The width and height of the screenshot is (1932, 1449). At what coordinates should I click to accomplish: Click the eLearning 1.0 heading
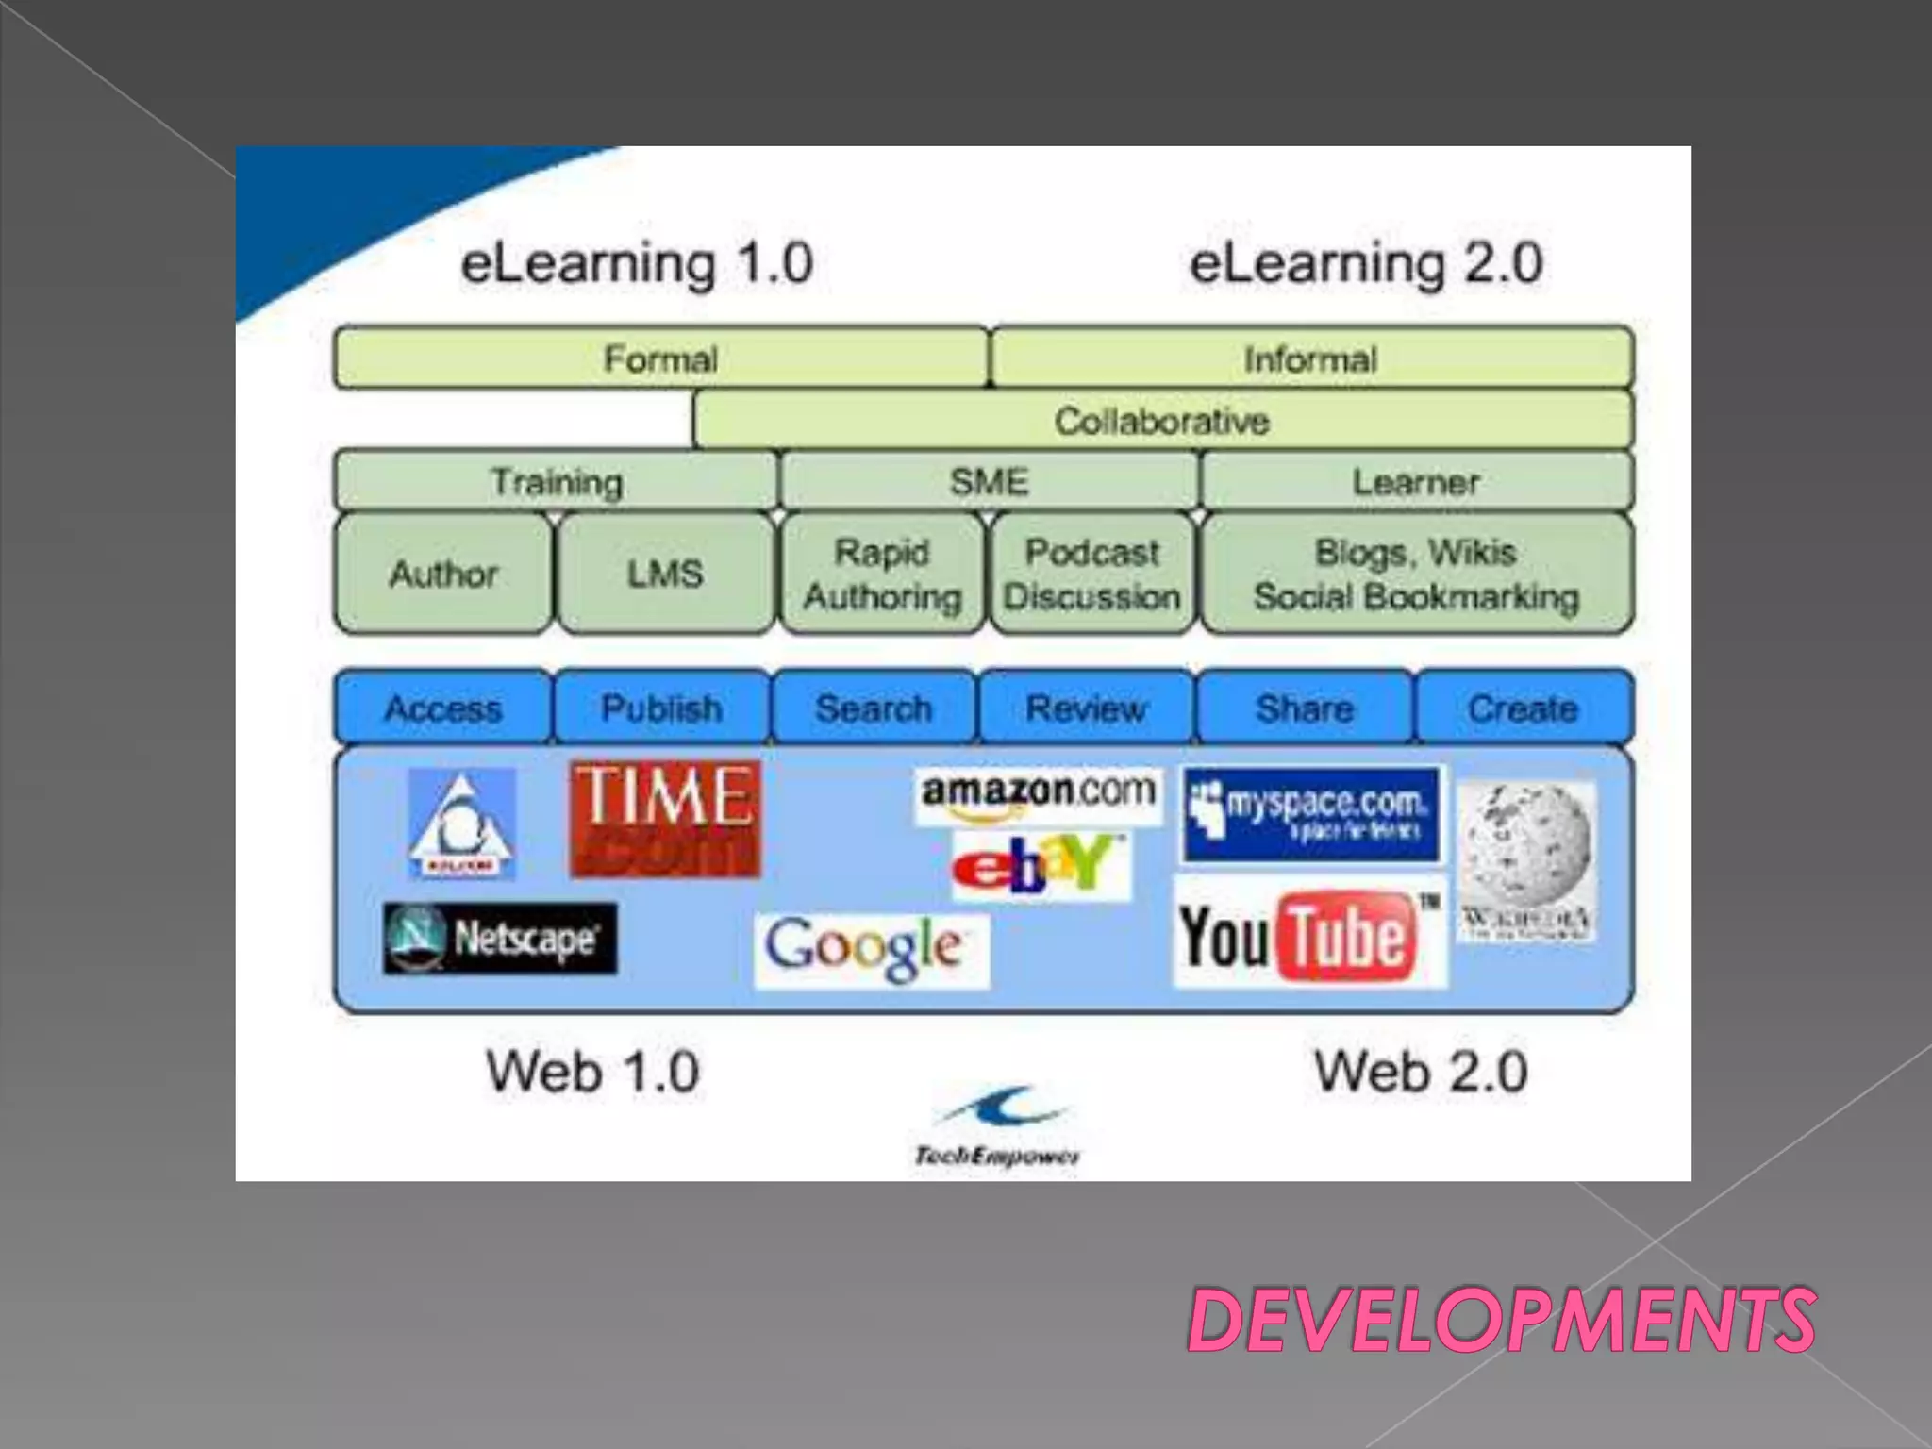tap(637, 262)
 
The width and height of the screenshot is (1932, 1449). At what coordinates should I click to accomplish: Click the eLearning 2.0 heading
tap(1365, 262)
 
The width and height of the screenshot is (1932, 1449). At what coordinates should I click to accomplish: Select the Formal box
tap(660, 358)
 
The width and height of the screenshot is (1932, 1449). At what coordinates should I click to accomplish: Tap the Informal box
tap(1311, 358)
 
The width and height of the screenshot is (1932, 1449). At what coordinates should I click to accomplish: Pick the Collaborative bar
tap(1162, 421)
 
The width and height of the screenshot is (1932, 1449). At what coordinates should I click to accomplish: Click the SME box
tap(989, 482)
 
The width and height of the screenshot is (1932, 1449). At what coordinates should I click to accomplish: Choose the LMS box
tap(665, 574)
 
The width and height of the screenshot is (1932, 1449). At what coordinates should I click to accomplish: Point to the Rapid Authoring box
tap(882, 574)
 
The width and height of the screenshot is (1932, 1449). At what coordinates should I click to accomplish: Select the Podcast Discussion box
tap(1091, 574)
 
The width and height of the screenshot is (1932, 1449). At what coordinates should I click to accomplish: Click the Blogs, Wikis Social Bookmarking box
tap(1416, 574)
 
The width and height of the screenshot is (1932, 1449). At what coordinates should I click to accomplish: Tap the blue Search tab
tap(874, 708)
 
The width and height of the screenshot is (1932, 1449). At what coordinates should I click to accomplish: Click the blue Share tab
tap(1305, 708)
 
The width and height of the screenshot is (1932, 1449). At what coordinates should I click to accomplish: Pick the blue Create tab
tap(1524, 708)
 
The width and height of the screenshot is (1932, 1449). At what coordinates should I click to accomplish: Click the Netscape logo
tap(500, 939)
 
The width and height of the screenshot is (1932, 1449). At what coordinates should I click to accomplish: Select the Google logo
tap(871, 949)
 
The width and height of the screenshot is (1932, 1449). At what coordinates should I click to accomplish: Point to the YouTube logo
tap(1309, 934)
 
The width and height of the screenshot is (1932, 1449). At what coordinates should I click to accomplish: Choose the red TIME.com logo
tap(665, 819)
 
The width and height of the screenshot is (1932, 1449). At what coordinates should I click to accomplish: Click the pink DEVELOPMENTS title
tap(1501, 1320)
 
